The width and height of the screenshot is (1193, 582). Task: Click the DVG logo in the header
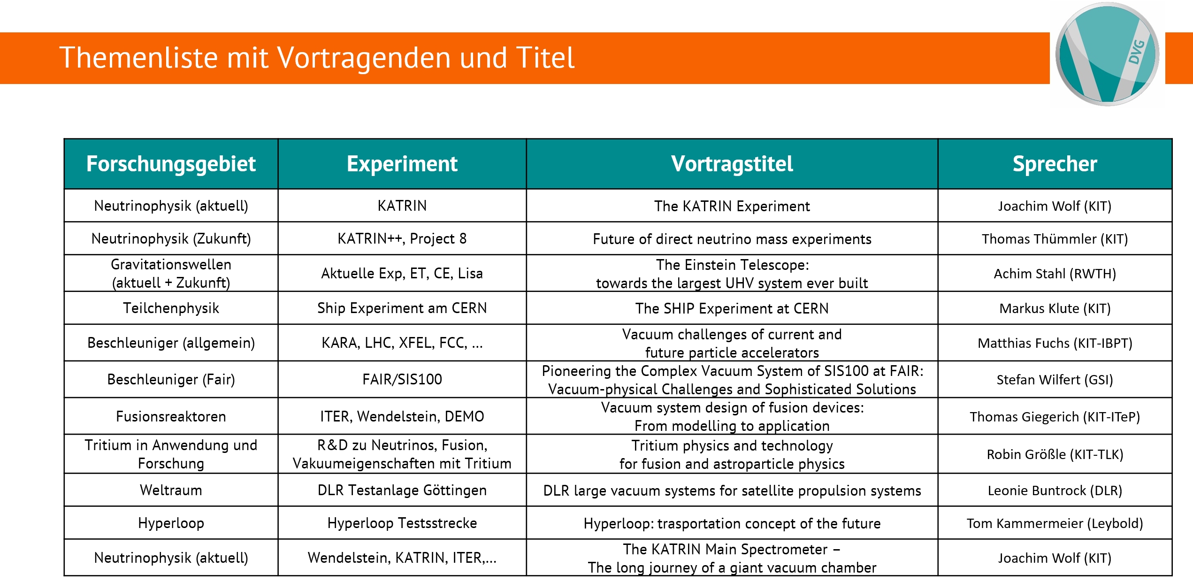(1107, 54)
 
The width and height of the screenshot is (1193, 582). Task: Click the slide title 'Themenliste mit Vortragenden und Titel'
(317, 58)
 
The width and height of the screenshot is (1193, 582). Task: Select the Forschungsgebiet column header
(171, 164)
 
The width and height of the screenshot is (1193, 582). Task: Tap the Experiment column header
(402, 164)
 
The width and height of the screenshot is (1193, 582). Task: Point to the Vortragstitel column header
(732, 164)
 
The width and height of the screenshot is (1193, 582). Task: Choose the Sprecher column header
(1055, 164)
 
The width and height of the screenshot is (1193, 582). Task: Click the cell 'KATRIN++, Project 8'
(402, 238)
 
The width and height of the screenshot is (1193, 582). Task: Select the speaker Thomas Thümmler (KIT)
(1055, 239)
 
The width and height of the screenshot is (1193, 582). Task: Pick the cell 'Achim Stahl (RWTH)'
(1055, 274)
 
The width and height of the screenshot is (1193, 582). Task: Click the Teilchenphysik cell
(171, 308)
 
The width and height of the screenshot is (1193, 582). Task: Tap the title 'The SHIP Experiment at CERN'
(732, 308)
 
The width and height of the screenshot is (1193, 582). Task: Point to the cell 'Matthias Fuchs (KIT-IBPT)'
(1055, 343)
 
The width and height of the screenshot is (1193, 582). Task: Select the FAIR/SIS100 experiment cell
(402, 379)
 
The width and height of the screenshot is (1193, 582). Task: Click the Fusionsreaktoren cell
(171, 416)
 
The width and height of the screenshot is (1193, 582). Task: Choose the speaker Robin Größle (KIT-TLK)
(1055, 454)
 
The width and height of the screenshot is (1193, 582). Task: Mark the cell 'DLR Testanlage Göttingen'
(402, 490)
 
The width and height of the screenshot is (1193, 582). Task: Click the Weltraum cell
(171, 490)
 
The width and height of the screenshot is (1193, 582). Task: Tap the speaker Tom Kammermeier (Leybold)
(1055, 523)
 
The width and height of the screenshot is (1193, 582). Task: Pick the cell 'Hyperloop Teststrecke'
(402, 523)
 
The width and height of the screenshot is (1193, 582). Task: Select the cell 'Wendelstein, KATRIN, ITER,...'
(402, 558)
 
